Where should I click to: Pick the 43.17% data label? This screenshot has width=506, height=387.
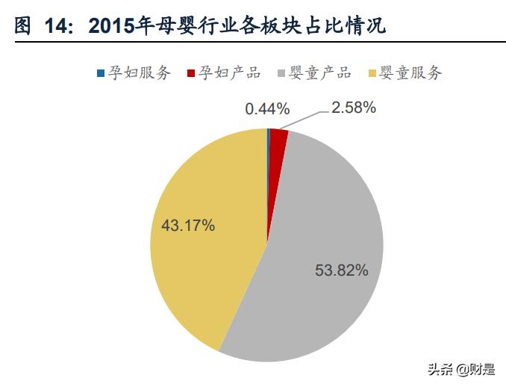(188, 225)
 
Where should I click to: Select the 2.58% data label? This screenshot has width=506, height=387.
(354, 108)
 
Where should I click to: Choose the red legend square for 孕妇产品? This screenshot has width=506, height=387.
(191, 73)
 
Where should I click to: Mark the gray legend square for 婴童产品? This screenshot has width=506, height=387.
(281, 73)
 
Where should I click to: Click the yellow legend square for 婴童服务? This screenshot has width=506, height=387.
(372, 73)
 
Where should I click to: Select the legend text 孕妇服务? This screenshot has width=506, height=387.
(140, 72)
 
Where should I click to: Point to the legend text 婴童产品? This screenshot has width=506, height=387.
(319, 72)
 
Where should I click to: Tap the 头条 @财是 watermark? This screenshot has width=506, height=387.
(460, 369)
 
